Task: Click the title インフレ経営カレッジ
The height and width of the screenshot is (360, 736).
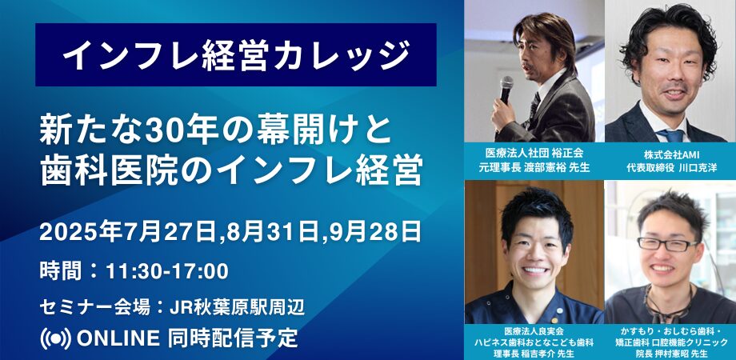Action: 236,55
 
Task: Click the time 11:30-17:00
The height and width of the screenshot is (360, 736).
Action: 167,271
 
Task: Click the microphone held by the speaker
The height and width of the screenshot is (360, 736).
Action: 506,90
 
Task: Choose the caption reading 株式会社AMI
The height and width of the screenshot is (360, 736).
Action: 670,154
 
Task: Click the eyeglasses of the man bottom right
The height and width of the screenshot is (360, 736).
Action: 667,244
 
